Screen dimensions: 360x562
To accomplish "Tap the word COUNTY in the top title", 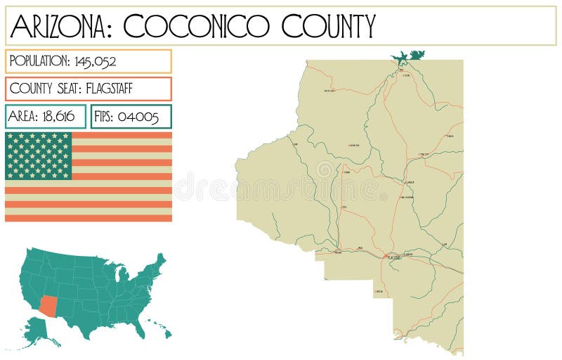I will click(327, 27).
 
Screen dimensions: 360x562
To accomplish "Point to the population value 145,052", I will click(96, 61).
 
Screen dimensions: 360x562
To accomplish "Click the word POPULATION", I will click(39, 61).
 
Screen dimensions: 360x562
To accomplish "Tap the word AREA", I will click(24, 117).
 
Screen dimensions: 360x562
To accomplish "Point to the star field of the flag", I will click(39, 155).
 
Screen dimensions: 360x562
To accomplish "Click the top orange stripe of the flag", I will click(122, 135).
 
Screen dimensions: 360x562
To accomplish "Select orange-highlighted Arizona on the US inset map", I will click(48, 304).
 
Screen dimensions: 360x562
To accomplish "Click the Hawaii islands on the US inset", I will click(158, 326).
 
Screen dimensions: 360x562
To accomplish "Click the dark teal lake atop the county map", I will click(409, 56).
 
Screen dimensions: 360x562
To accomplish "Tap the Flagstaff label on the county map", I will click(393, 257).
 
